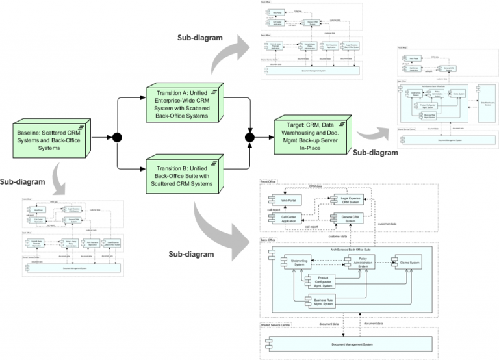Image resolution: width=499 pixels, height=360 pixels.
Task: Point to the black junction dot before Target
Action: pos(249,136)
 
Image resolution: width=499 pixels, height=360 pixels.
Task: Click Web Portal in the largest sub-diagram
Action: pos(284,201)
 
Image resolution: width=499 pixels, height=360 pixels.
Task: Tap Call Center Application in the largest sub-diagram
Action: pos(284,221)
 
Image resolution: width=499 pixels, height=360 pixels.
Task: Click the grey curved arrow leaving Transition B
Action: pos(221,224)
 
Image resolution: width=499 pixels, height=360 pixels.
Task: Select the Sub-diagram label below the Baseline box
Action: pos(23,181)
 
